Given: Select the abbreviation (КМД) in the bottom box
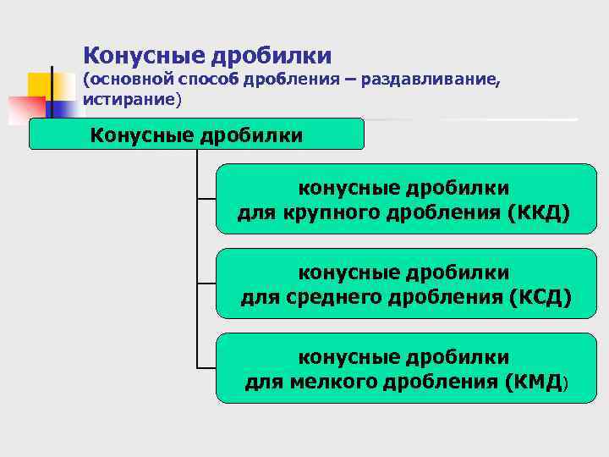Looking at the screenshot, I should pos(536,383).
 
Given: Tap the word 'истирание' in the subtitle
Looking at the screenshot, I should pos(129,100).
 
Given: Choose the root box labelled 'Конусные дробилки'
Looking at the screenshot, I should pos(196,135).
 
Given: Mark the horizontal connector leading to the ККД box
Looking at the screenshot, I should pos(206,200).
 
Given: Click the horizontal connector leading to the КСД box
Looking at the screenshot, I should pos(206,283).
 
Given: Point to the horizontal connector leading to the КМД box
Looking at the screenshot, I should pos(206,367).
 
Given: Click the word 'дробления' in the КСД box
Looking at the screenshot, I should pos(449,298).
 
